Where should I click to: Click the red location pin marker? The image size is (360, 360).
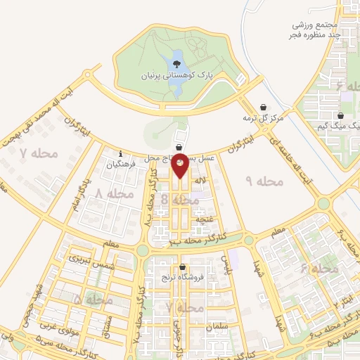[x=180, y=166]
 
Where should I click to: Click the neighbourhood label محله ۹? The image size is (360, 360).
[x=264, y=181]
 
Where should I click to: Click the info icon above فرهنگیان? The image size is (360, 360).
[x=121, y=154]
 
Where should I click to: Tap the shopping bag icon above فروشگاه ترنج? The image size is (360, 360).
[x=184, y=266]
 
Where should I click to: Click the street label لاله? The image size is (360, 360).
[x=199, y=181]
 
